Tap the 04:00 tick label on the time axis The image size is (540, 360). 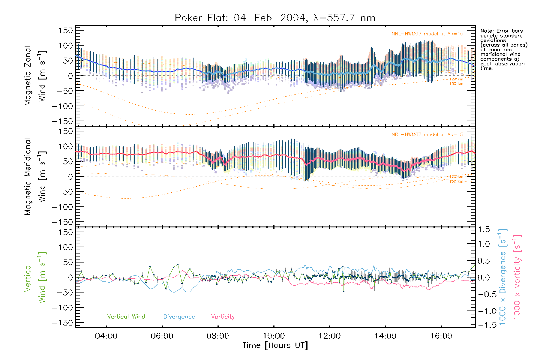coord(106,336)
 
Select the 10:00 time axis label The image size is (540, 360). coord(274,336)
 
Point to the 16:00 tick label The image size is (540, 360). coord(441,336)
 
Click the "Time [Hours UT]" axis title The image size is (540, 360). coord(275,345)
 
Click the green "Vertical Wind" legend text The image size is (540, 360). coord(126,316)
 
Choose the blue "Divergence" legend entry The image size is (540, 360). coord(179,317)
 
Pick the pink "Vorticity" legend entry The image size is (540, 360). coord(223,316)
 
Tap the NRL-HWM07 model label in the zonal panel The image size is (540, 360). coord(427,34)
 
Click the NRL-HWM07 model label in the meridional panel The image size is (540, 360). coord(427,135)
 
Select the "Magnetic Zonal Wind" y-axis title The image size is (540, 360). coord(35,76)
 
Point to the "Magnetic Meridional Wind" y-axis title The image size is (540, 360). coord(35,176)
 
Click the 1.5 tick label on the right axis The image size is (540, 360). coord(484,229)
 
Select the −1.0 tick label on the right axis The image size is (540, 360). coord(484,311)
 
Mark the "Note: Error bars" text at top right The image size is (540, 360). coord(501,31)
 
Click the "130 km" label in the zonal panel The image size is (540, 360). coord(456,84)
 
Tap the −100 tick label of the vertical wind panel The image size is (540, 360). coord(62,308)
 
